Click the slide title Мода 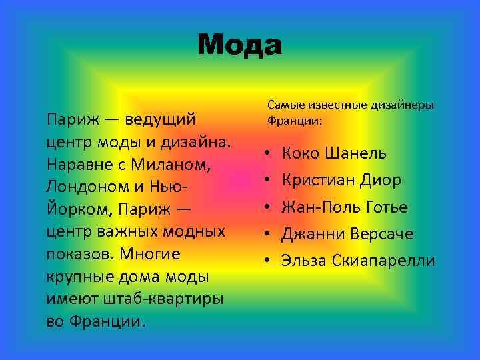tap(240, 45)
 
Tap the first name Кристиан tap(316, 180)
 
